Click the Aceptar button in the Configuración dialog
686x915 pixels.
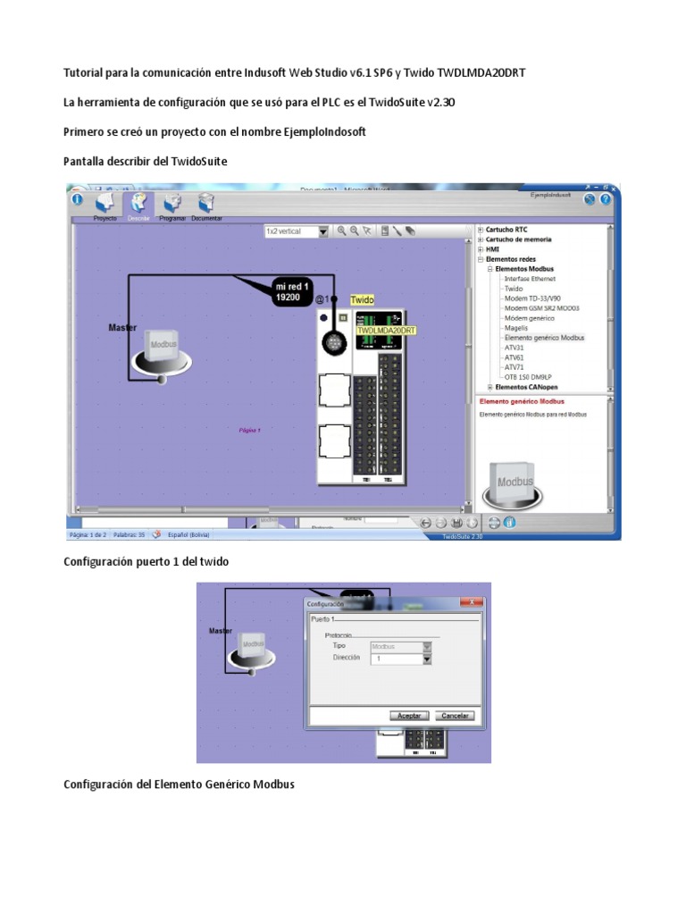click(411, 716)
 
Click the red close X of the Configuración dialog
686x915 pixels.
click(472, 602)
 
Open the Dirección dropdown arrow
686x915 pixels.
click(427, 659)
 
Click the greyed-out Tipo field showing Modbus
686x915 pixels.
click(389, 645)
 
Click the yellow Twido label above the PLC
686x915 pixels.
click(362, 300)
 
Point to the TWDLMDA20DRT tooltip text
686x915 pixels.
click(386, 331)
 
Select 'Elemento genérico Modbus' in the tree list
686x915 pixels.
click(544, 338)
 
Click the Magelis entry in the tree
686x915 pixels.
click(516, 328)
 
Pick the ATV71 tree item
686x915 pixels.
click(514, 366)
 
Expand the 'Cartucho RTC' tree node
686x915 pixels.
click(481, 229)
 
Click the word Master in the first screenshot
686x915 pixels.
click(122, 328)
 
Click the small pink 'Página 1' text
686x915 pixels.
click(250, 430)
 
